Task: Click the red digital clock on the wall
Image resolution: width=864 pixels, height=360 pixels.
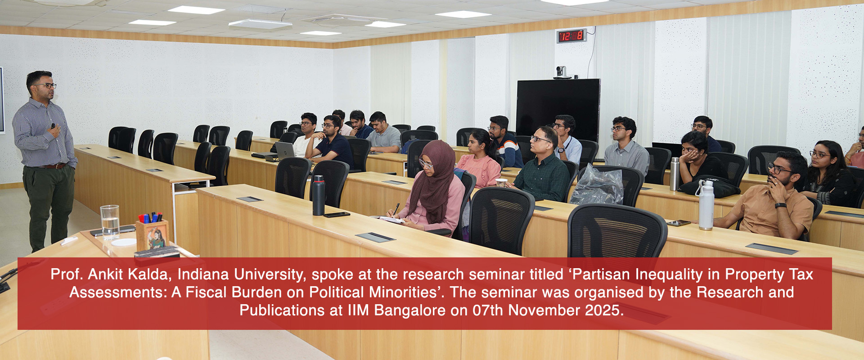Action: (x=571, y=36)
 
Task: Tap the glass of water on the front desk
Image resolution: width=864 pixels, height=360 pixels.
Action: (x=110, y=221)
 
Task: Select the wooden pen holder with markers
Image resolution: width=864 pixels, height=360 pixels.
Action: (x=152, y=234)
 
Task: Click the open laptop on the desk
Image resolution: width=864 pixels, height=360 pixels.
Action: (x=284, y=150)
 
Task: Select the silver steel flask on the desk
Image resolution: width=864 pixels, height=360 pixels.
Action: (x=674, y=174)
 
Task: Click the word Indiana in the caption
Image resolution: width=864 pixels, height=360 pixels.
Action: (x=202, y=274)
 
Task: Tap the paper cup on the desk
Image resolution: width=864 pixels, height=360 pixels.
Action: (x=501, y=183)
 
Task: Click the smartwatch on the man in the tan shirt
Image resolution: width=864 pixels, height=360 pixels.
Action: (x=780, y=206)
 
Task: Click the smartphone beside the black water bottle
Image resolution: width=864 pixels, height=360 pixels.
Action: (x=337, y=215)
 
